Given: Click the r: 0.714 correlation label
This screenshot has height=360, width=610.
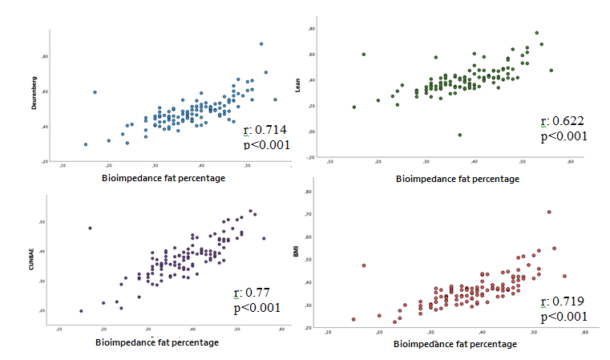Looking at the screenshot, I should coord(265,131).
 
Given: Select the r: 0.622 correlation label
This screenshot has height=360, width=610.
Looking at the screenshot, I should coord(562,121).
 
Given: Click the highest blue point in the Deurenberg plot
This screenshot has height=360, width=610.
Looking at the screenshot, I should coord(261,44).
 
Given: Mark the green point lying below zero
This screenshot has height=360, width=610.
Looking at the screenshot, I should coord(459,135).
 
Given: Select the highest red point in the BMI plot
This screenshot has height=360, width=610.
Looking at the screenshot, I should coord(549,212).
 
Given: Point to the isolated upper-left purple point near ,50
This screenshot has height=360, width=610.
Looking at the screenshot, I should coord(90,228).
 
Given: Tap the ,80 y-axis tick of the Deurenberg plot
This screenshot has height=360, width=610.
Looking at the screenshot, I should coord(45,56).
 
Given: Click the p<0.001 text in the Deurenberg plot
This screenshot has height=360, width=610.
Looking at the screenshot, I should coord(265,144).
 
